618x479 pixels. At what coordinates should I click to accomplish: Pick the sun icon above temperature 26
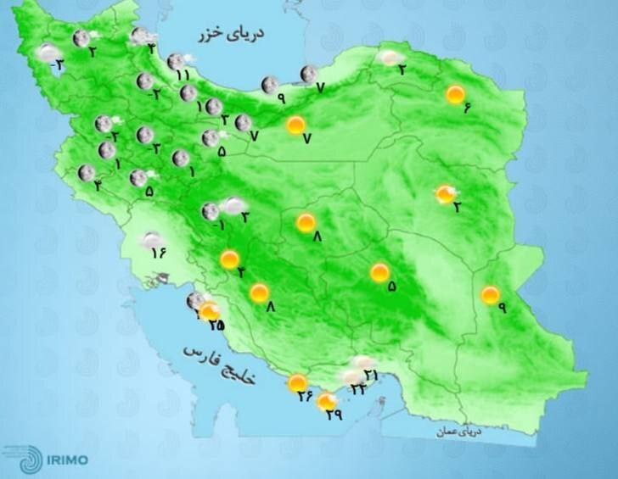(x=297, y=384)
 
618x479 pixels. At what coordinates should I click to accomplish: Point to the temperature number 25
(x=216, y=325)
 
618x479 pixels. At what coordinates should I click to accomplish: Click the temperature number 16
(x=157, y=252)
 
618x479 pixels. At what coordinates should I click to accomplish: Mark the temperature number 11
(x=183, y=75)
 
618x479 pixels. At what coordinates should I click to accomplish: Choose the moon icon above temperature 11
(x=177, y=61)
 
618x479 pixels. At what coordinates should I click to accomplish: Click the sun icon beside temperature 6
(x=456, y=94)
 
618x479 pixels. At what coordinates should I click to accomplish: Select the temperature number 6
(x=467, y=107)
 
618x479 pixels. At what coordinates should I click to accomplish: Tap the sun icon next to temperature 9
(x=490, y=295)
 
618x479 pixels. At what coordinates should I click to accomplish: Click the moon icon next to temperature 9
(x=270, y=84)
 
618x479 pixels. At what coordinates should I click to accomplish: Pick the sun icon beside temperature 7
(x=295, y=125)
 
